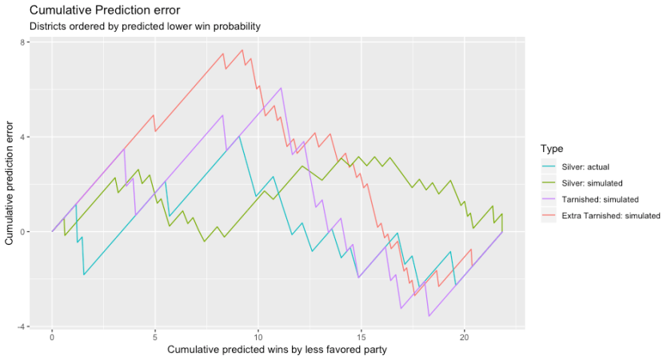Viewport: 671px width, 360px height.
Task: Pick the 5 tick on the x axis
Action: [x=155, y=338]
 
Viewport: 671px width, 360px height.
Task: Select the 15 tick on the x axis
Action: [x=361, y=338]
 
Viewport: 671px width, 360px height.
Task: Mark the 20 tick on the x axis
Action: [x=464, y=338]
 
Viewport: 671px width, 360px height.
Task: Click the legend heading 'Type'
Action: [x=551, y=149]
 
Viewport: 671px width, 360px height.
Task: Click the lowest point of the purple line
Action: [x=429, y=316]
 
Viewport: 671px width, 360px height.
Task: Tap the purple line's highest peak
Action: [x=282, y=88]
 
